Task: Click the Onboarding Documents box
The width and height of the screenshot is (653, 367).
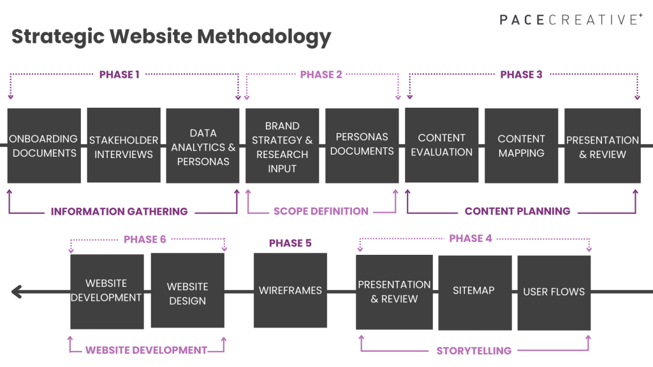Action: tap(44, 146)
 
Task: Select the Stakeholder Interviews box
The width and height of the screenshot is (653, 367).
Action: tap(124, 146)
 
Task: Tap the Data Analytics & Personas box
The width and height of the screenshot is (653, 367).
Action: tap(203, 146)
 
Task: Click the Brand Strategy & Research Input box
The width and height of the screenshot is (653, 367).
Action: tap(282, 146)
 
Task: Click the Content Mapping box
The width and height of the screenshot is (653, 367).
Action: tap(521, 146)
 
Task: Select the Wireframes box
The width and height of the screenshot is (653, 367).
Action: tap(290, 291)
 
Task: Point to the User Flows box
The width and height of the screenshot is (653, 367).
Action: tap(554, 292)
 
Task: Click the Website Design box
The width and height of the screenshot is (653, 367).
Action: tap(187, 292)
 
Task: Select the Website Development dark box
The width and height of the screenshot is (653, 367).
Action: tap(106, 291)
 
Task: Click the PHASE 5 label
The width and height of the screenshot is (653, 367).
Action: tap(290, 243)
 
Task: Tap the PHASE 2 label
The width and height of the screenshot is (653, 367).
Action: tap(321, 75)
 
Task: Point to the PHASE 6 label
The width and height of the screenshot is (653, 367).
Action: tap(145, 240)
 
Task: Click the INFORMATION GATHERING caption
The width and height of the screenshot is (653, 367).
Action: tap(119, 212)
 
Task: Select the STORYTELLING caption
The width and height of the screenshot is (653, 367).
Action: tap(474, 350)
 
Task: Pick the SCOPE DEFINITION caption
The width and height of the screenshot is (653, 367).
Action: tap(321, 212)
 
